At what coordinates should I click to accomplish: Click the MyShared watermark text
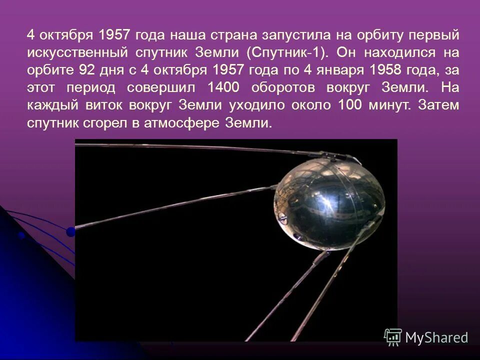(x=436, y=337)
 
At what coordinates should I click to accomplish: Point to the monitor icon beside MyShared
(x=393, y=337)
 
